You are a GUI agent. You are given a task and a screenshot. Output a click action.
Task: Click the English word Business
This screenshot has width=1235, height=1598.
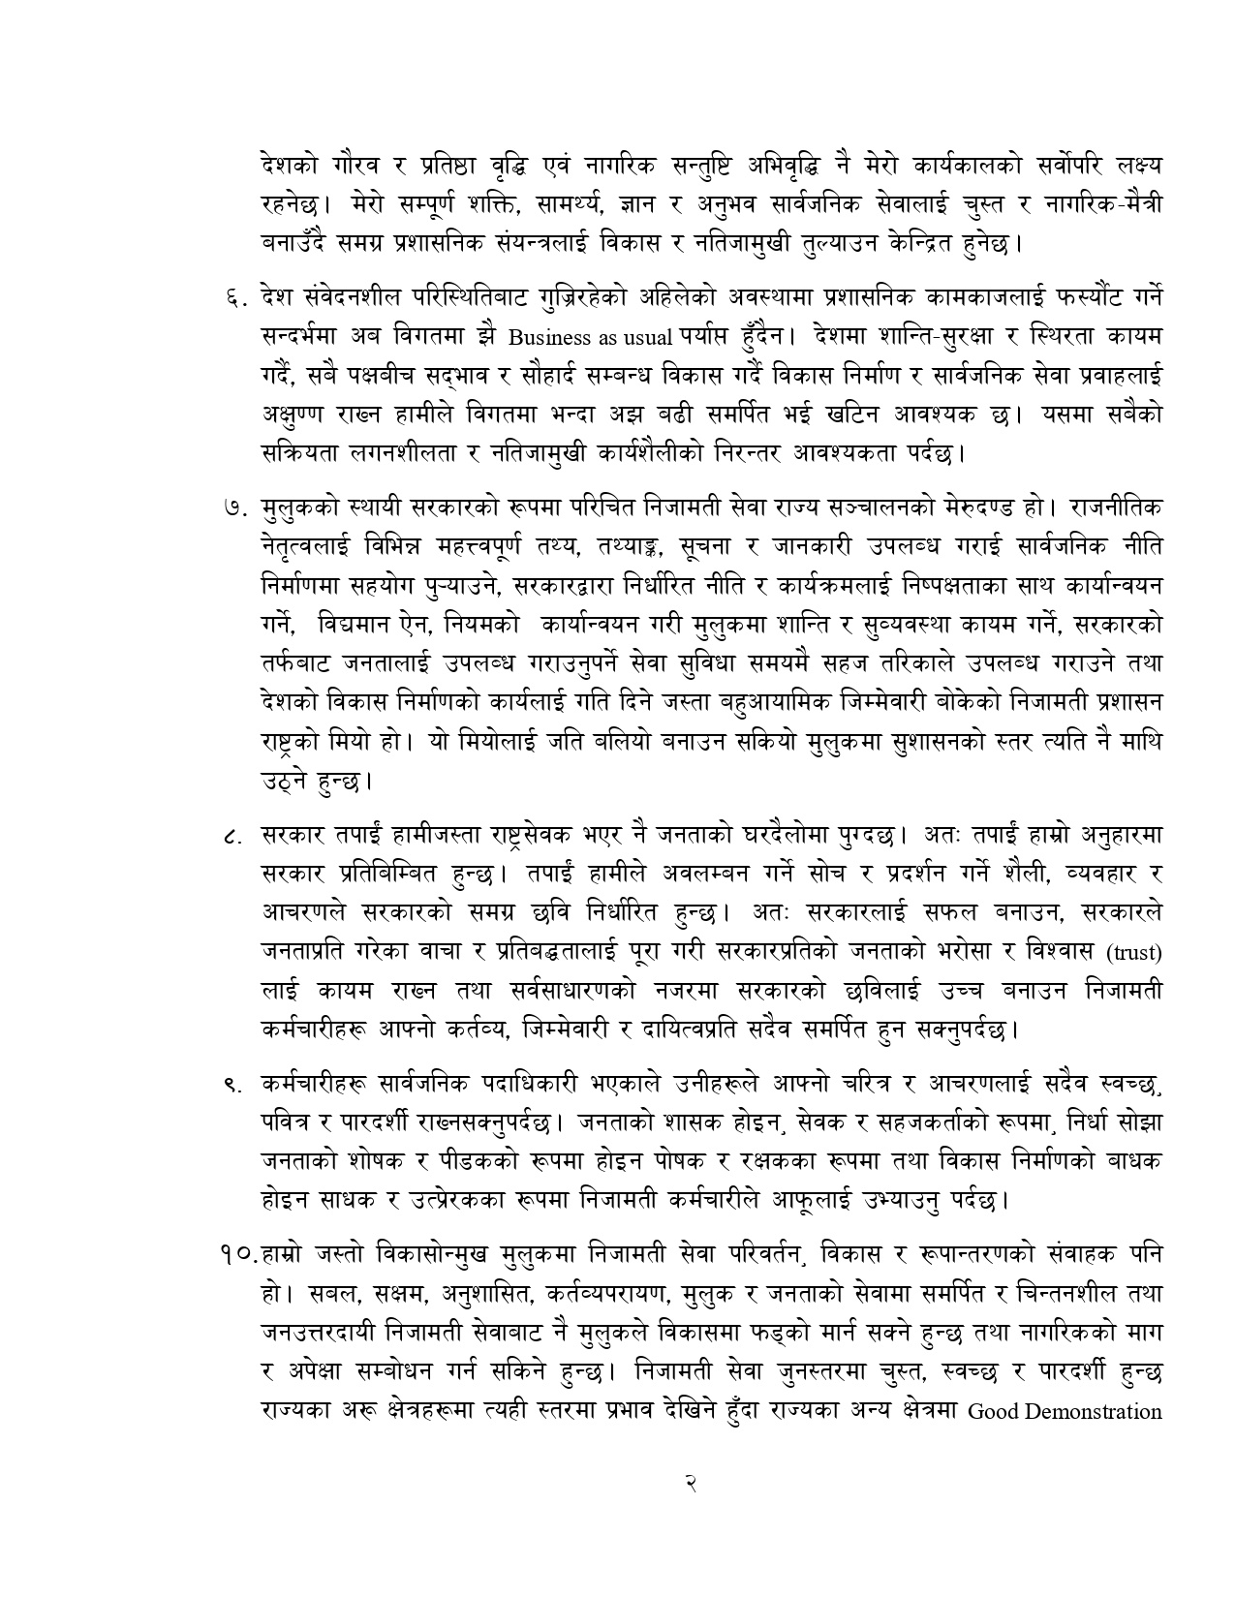point(549,338)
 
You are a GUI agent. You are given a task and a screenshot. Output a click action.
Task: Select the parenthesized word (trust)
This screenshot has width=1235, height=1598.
point(1134,953)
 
